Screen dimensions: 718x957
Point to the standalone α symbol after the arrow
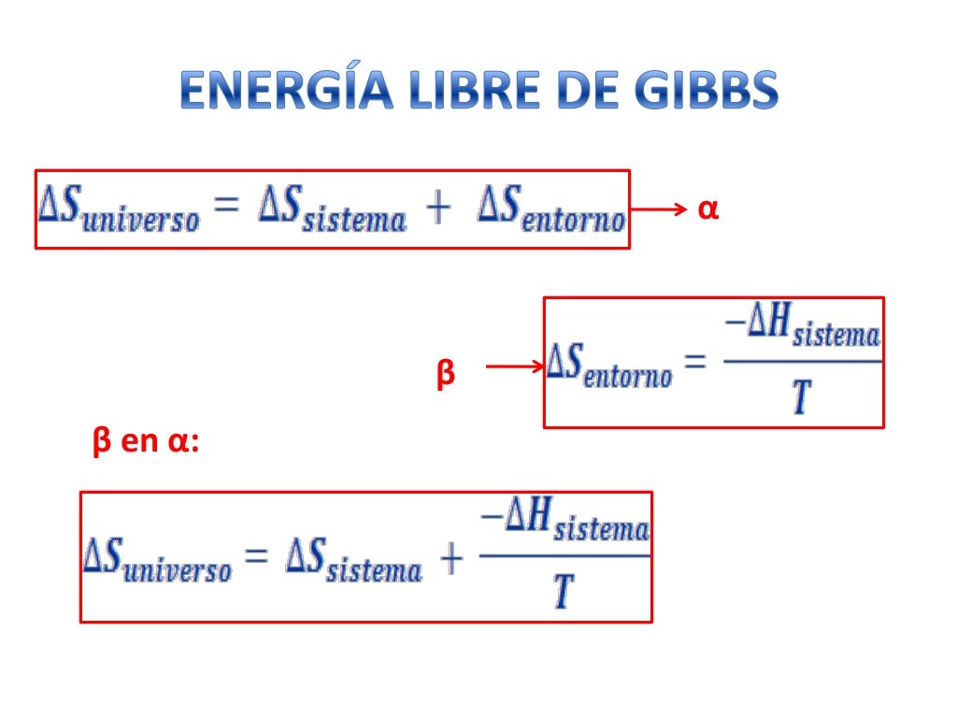[x=707, y=210]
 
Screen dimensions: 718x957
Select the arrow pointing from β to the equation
[x=515, y=367]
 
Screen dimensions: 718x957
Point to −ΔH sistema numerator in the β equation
[x=802, y=331]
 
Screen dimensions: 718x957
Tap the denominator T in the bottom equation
[x=564, y=591]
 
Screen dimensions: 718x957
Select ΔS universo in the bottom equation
[x=157, y=560]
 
